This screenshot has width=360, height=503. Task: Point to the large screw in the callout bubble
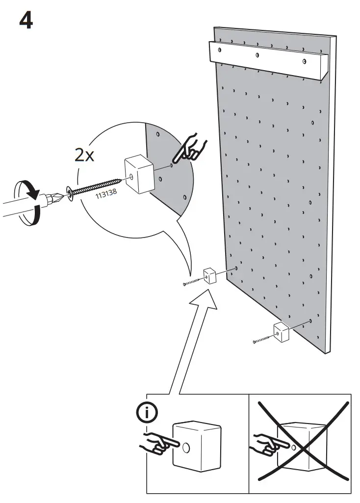pos(96,186)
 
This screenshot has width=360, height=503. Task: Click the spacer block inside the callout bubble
pos(139,174)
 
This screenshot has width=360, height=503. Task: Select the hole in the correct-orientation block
pos(186,435)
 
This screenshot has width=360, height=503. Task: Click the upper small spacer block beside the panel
pos(210,275)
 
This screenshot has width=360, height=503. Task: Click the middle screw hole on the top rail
pos(257,55)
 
